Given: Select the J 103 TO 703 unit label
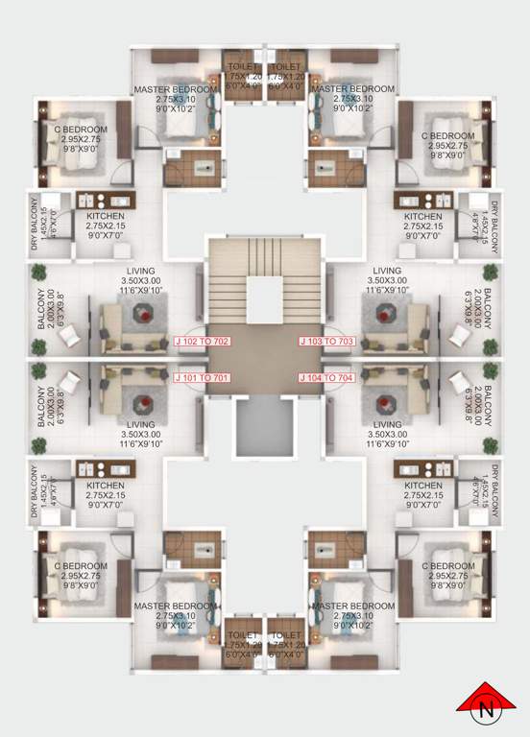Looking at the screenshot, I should click(x=327, y=341).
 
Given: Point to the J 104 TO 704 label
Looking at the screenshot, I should click(x=327, y=378).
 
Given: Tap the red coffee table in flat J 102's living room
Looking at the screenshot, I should click(x=144, y=312).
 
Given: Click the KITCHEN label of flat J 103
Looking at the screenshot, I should click(x=422, y=217).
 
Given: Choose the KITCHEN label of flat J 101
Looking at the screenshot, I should click(x=99, y=486).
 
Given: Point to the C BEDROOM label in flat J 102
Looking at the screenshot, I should click(x=81, y=131).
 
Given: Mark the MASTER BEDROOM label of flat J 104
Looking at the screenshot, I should click(x=352, y=606).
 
